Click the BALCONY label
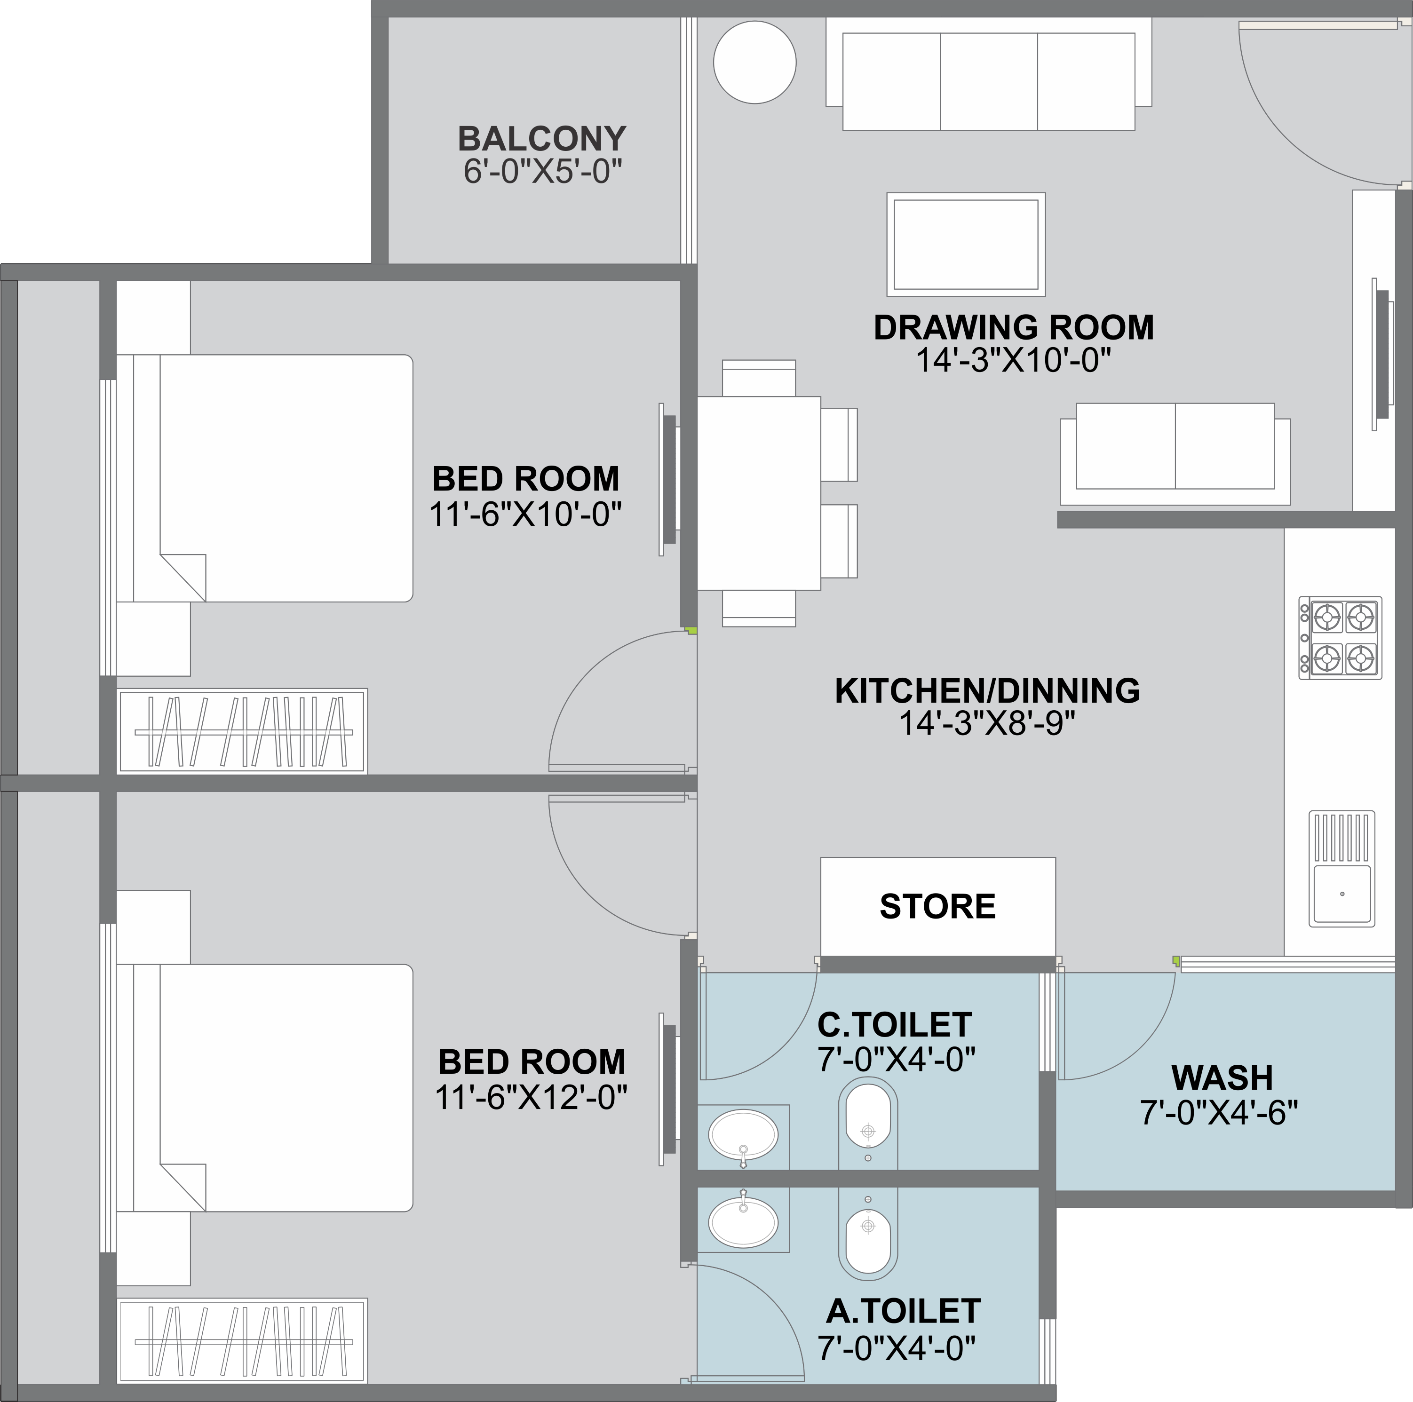542,139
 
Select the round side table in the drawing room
755,62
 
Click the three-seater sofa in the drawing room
989,74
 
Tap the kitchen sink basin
1342,894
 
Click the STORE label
937,907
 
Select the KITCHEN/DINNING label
987,691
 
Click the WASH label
1222,1078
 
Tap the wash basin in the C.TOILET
743,1135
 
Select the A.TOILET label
903,1311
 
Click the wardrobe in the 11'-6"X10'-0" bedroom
243,730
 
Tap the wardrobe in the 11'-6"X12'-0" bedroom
243,1341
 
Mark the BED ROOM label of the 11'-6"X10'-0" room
526,479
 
